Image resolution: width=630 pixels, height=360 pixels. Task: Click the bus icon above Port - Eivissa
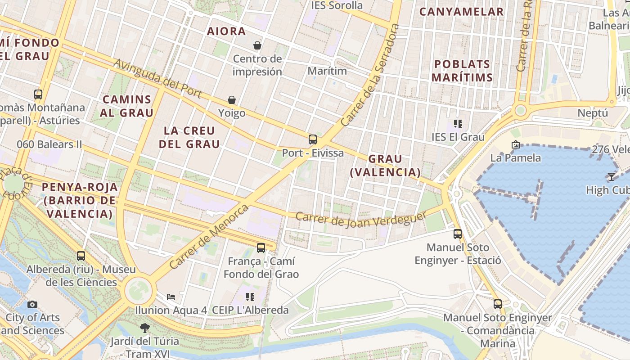click(x=313, y=139)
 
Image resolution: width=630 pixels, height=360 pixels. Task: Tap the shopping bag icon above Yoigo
click(x=232, y=100)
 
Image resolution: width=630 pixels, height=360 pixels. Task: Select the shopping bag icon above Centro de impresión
click(x=257, y=45)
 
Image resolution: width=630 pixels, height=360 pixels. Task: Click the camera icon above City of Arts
click(x=32, y=304)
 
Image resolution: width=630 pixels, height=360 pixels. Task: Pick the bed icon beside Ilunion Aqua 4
click(x=171, y=297)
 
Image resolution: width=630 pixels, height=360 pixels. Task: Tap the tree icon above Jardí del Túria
click(x=144, y=328)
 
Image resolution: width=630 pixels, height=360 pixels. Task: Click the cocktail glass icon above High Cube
click(x=611, y=177)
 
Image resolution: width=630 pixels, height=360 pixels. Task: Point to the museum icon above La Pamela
click(x=516, y=144)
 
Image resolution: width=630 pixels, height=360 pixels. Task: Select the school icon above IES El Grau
click(x=458, y=124)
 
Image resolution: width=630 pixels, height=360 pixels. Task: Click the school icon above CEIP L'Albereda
click(x=250, y=297)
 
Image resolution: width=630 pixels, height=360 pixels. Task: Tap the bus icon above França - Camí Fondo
click(x=261, y=247)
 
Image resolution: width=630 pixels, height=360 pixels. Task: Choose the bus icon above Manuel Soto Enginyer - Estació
click(x=458, y=234)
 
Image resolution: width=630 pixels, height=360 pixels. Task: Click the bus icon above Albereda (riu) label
click(x=81, y=256)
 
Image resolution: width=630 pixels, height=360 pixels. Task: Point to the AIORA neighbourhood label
click(x=226, y=31)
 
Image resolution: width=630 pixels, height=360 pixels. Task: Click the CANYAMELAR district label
click(x=461, y=12)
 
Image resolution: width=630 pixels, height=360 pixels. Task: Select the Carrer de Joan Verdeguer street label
click(x=361, y=219)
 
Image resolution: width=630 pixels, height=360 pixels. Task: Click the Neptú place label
click(x=593, y=113)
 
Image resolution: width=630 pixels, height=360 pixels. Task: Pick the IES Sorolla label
click(x=337, y=5)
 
